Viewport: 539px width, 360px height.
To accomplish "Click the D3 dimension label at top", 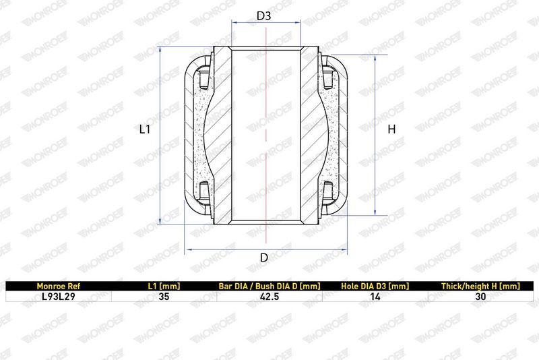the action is [264, 16].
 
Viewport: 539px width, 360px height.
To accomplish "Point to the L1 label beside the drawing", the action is [145, 129].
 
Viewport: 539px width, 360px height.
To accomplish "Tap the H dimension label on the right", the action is [391, 129].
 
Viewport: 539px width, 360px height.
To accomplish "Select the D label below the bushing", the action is [264, 258].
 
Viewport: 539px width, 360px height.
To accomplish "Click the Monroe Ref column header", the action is [59, 286].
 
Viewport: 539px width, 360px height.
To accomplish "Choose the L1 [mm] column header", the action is [164, 286].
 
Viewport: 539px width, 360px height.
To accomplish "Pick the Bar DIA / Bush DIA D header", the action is [269, 286].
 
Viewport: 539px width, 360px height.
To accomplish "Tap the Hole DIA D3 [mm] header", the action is [375, 286].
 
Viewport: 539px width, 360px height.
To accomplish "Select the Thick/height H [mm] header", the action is [480, 286].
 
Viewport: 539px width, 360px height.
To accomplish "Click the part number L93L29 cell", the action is [59, 297].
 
